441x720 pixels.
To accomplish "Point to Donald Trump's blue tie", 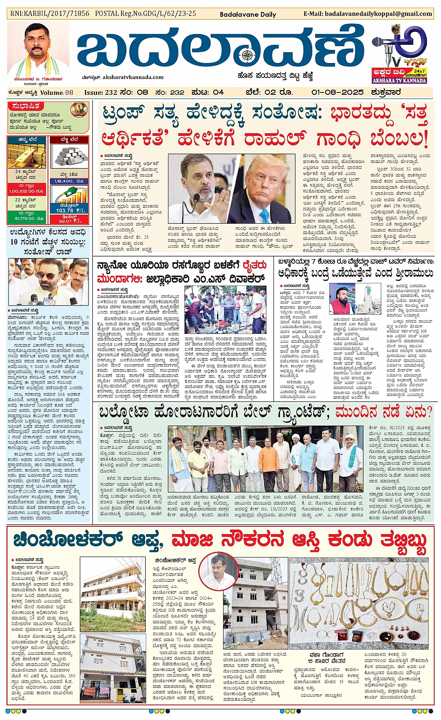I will click(x=265, y=215).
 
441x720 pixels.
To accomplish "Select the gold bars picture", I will click(x=26, y=157).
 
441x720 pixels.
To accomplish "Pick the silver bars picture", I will click(x=69, y=157).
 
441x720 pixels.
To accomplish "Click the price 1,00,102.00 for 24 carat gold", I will click(x=26, y=191).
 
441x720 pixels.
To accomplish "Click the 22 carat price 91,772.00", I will click(x=26, y=218).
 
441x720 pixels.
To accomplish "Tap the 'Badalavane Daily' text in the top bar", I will click(x=248, y=14).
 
